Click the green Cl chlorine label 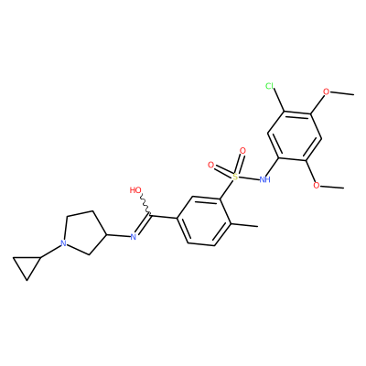click(269, 86)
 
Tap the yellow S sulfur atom click(235, 177)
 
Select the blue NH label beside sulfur click(264, 179)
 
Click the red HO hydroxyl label click(135, 190)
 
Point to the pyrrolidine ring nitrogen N click(63, 243)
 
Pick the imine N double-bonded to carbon click(133, 237)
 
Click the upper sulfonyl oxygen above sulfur click(242, 151)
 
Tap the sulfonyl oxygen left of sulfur click(210, 165)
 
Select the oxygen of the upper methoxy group click(327, 91)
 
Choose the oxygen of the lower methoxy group click(317, 185)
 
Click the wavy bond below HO click(145, 205)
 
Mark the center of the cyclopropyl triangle click(27, 265)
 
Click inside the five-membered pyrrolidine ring click(83, 232)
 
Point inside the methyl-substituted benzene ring click(204, 221)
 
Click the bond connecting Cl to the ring click(279, 101)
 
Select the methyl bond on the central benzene click(245, 225)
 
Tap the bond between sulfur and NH click(248, 178)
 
